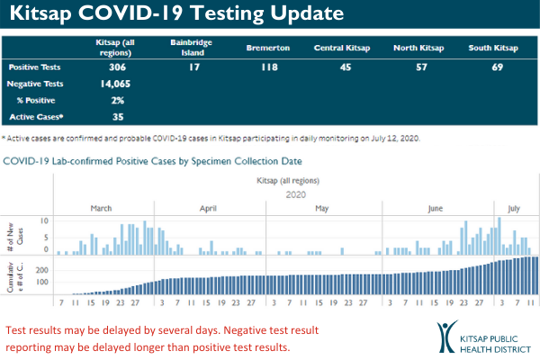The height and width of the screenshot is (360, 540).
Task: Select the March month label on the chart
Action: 101,209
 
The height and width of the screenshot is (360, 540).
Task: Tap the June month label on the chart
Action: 435,209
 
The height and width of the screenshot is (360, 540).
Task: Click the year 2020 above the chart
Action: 296,193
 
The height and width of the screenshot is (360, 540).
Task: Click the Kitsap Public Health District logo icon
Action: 446,336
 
